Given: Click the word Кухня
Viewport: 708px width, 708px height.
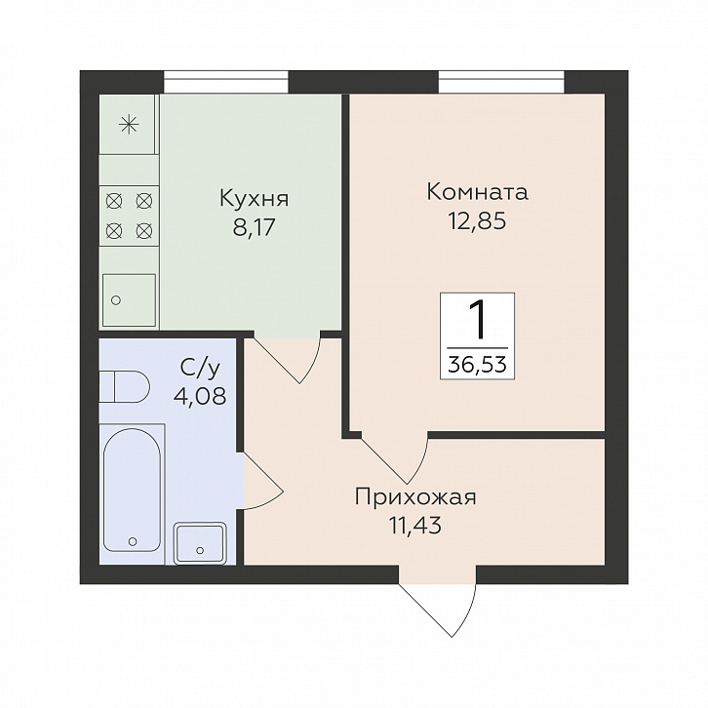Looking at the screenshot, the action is tap(254, 199).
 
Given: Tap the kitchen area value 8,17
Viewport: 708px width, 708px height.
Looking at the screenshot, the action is tap(254, 228).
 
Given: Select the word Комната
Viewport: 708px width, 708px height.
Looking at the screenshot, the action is tap(477, 192).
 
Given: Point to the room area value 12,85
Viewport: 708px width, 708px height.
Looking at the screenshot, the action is tap(477, 220).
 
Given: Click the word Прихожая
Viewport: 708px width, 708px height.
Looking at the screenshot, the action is tap(415, 497).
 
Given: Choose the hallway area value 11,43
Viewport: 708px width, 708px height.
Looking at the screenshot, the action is tap(415, 526).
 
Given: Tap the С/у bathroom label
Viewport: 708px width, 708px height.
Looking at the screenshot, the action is tap(200, 369).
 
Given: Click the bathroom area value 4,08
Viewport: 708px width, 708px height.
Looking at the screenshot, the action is tap(199, 396).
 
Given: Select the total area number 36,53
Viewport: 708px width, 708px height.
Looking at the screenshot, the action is tap(477, 364).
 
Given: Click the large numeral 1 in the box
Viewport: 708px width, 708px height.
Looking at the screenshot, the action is tap(477, 321).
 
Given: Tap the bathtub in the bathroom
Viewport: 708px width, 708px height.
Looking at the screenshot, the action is tap(132, 490).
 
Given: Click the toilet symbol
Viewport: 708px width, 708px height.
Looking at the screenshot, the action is tap(125, 386).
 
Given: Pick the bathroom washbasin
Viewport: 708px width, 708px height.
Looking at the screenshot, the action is tap(200, 542).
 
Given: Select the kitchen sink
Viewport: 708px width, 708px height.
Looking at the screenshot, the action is tap(129, 299).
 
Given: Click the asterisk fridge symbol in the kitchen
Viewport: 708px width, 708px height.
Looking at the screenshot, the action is tap(128, 124).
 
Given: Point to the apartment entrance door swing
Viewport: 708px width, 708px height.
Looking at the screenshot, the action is tap(437, 605).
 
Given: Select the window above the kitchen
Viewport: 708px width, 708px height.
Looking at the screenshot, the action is tap(226, 82).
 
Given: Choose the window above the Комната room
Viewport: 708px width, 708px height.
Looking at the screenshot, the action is tap(501, 82).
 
